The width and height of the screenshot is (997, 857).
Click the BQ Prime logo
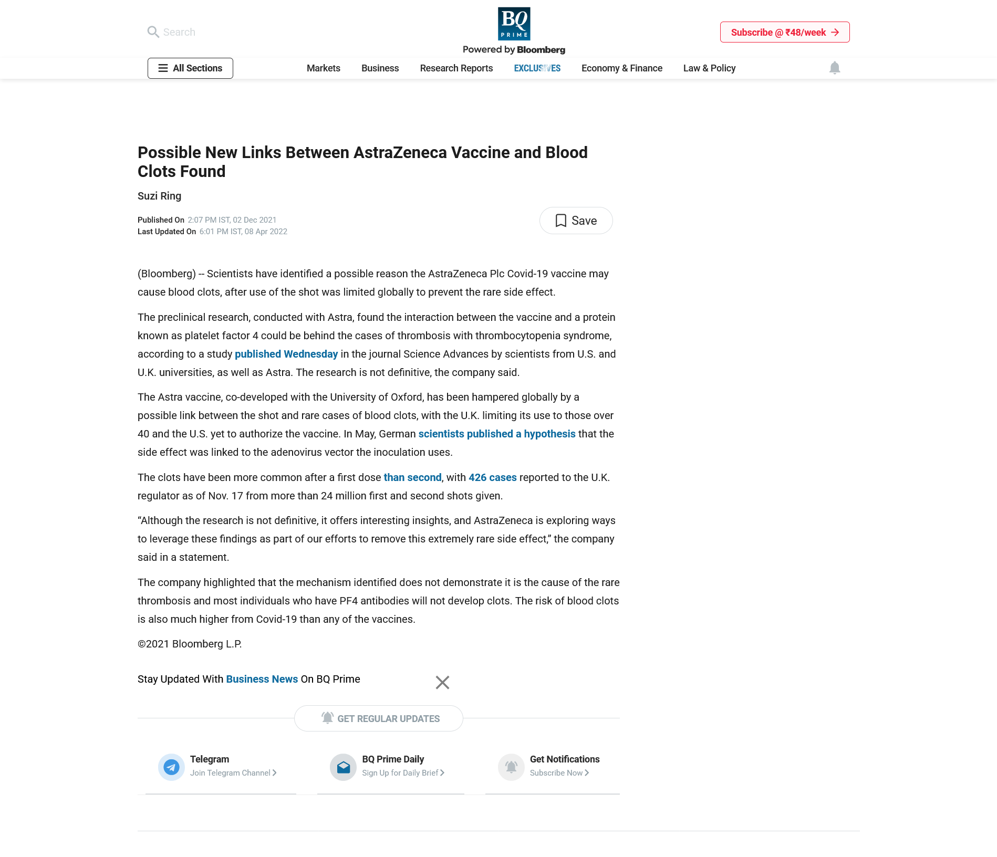click(514, 24)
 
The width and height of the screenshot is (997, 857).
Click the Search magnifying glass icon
click(153, 32)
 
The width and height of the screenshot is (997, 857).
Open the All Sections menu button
click(190, 68)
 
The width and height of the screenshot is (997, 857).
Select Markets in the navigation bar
click(324, 68)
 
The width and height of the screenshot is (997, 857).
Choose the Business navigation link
click(380, 68)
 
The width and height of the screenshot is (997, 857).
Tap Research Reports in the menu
click(456, 68)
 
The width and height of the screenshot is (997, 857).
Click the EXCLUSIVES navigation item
click(537, 68)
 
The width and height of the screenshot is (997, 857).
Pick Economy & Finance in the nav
click(621, 68)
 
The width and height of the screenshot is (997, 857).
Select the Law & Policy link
click(709, 68)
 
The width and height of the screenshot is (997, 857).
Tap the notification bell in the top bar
click(834, 68)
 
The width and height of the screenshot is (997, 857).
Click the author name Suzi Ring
click(159, 196)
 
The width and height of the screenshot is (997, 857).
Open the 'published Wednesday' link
click(286, 354)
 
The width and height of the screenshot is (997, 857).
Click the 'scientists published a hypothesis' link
click(496, 434)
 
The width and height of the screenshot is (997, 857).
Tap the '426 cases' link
click(492, 477)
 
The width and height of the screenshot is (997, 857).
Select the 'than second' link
click(412, 477)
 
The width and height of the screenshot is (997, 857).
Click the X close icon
click(442, 682)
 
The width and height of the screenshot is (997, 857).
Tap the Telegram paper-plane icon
click(171, 767)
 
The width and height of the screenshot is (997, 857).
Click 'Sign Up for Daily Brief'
click(402, 773)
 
